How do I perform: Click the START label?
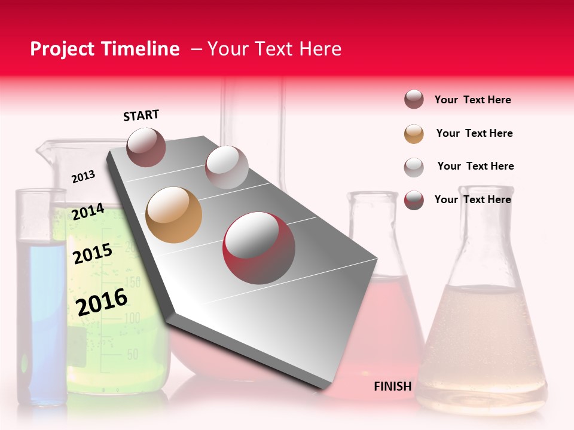pyautogui.click(x=141, y=115)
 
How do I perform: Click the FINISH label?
pyautogui.click(x=392, y=386)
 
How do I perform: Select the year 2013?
pyautogui.click(x=83, y=176)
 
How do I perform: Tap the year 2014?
pyautogui.click(x=88, y=212)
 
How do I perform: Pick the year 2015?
pyautogui.click(x=93, y=254)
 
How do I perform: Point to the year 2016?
pyautogui.click(x=102, y=302)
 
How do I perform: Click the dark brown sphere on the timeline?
pyautogui.click(x=146, y=147)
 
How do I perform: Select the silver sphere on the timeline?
pyautogui.click(x=227, y=167)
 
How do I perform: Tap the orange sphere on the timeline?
pyautogui.click(x=173, y=215)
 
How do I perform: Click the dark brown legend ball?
pyautogui.click(x=414, y=100)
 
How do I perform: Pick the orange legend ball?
pyautogui.click(x=414, y=134)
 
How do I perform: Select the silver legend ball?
pyautogui.click(x=414, y=167)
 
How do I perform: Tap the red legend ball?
pyautogui.click(x=414, y=200)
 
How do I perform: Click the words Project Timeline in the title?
pyautogui.click(x=105, y=49)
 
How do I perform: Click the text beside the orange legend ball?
pyautogui.click(x=474, y=133)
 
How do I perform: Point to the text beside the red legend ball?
pyautogui.click(x=472, y=199)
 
